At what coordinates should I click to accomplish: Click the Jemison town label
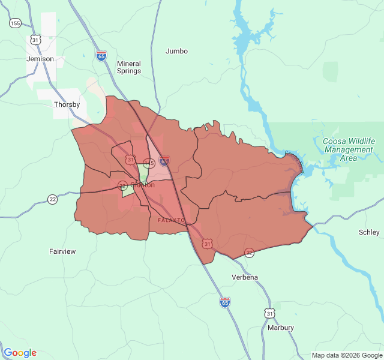point(40,59)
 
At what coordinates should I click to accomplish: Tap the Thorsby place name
point(67,104)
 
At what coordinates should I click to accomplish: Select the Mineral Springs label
point(129,67)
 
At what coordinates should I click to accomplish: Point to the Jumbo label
point(176,51)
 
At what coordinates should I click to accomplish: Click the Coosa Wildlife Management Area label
point(349,149)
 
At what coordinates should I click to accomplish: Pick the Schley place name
point(369,232)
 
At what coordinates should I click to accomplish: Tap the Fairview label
point(62,251)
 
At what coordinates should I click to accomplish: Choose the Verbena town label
point(245,277)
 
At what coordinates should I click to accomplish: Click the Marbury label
point(281,328)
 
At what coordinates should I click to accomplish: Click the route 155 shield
point(15,23)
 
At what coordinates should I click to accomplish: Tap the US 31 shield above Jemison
point(35,40)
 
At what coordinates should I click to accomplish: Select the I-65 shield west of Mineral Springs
point(101,56)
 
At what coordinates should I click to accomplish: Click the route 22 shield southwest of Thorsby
point(53,199)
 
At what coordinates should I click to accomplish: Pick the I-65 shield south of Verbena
point(224,302)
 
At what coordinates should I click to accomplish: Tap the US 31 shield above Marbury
point(270,313)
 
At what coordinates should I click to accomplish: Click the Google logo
point(20,353)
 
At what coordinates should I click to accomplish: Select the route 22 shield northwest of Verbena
point(249,253)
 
